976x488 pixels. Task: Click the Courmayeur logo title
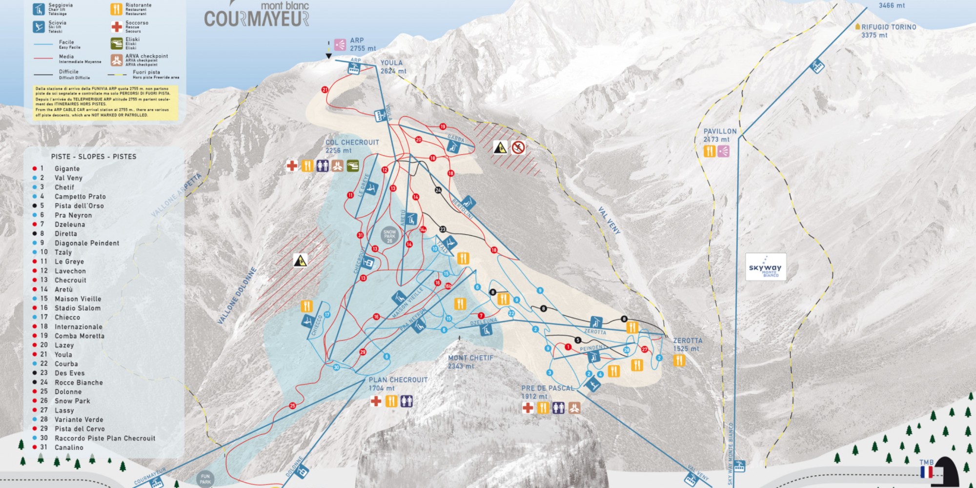257,18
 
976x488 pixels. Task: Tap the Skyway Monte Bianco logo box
765,267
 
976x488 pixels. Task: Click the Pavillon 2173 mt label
719,135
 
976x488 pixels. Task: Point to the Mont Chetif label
470,362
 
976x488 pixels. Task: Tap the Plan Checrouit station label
398,384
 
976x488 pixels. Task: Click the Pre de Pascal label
547,392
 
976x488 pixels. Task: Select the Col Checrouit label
352,146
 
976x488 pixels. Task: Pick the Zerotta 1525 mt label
687,345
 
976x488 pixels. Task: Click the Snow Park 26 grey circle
389,236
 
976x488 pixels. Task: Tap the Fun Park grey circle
205,479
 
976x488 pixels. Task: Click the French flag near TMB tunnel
926,472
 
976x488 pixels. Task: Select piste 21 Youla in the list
63,355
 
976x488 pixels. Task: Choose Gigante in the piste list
67,169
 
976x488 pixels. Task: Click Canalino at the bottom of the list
69,447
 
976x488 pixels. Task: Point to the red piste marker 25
292,406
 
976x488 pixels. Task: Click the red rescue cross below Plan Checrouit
376,401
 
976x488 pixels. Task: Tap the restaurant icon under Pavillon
709,151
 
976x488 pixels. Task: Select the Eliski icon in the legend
116,43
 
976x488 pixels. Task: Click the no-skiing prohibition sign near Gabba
518,147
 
